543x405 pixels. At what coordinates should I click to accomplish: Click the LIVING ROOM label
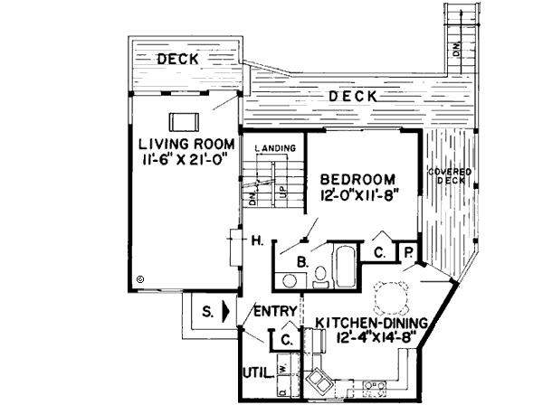pyautogui.click(x=187, y=145)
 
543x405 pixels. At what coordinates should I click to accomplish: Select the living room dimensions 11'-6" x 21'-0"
pyautogui.click(x=186, y=160)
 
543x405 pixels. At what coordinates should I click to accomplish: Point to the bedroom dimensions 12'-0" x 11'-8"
pyautogui.click(x=359, y=193)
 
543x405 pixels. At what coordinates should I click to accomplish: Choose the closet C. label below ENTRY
pyautogui.click(x=284, y=341)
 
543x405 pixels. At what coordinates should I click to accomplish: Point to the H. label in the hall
pyautogui.click(x=257, y=240)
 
